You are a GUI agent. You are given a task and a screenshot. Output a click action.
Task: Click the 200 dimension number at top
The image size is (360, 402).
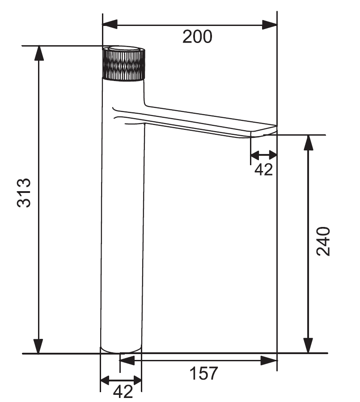click(x=197, y=37)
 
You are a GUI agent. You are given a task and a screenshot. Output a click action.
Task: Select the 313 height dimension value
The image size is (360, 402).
click(x=24, y=192)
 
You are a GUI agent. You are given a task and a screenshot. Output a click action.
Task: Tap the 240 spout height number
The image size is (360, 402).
click(x=323, y=241)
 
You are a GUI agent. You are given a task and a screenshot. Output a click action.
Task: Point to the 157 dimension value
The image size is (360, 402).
click(x=203, y=373)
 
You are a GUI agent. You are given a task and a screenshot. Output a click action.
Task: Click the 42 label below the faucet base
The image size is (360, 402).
click(x=123, y=392)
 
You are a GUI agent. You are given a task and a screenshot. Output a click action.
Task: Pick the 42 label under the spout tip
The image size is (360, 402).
click(x=263, y=169)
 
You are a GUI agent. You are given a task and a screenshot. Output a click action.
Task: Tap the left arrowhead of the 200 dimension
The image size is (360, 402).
click(x=110, y=25)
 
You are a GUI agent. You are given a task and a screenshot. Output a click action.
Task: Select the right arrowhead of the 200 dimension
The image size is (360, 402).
click(x=270, y=25)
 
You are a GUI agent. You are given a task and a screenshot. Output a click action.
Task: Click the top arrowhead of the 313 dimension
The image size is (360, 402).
click(x=38, y=53)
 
